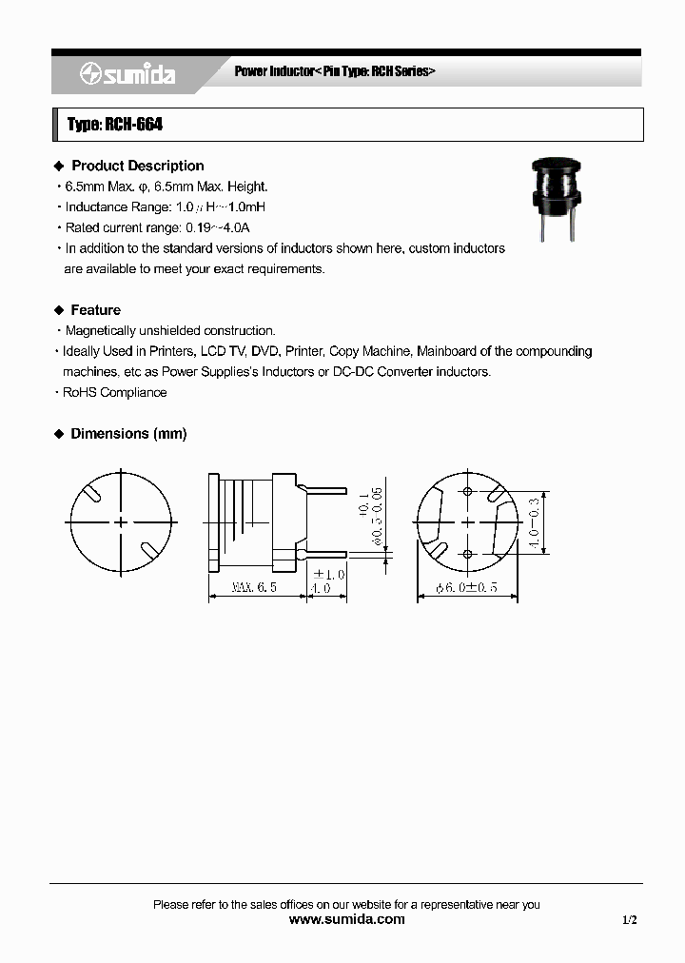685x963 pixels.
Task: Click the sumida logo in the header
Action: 127,74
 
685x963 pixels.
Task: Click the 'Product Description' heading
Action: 137,166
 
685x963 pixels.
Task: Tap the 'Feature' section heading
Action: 95,310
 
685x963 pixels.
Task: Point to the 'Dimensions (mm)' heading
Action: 128,434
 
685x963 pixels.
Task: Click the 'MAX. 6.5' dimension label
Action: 254,588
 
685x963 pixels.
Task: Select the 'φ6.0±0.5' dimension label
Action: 467,588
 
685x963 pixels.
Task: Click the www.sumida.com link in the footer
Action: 346,919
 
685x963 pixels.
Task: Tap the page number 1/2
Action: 630,920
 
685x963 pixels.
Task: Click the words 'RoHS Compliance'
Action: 114,392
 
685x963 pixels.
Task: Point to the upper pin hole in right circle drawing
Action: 467,492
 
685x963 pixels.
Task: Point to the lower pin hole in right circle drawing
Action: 467,553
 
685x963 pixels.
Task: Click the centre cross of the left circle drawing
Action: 121,521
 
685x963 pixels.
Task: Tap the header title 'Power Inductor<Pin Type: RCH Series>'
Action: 335,72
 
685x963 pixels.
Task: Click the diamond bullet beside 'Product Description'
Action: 58,166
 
